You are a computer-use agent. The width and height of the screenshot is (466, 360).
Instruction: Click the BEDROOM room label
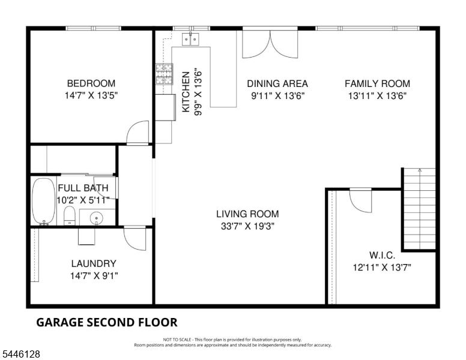tap(91, 83)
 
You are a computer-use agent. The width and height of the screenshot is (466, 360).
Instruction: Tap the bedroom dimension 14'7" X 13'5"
tap(91, 95)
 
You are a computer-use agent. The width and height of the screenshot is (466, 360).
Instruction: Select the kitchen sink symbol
tap(190, 39)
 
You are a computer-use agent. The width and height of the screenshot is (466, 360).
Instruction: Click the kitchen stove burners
tap(164, 74)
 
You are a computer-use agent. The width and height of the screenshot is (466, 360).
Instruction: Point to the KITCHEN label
tap(186, 92)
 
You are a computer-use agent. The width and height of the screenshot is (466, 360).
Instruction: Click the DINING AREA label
tap(277, 83)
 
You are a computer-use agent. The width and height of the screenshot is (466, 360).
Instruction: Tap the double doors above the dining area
tap(270, 44)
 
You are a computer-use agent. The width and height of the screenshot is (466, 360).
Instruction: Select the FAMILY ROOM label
tap(377, 83)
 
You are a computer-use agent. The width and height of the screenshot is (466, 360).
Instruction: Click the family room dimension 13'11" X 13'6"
tap(378, 96)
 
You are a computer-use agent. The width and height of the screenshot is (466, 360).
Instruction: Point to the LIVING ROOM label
tap(247, 214)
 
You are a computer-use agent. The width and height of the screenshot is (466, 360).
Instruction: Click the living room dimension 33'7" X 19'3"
tap(247, 226)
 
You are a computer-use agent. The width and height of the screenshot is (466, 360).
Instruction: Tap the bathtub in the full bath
tap(43, 201)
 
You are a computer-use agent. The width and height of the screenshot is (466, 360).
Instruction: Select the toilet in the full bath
tap(70, 216)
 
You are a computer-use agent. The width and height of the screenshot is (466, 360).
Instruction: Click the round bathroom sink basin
tap(96, 218)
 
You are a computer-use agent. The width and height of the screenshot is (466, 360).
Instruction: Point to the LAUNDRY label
tap(94, 263)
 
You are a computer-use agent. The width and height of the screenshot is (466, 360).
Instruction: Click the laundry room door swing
tap(135, 238)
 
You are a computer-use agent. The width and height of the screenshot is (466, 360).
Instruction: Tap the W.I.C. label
tap(382, 255)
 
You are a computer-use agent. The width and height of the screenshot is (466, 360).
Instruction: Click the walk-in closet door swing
tap(360, 200)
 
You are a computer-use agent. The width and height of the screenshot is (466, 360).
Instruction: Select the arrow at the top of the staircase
tap(419, 170)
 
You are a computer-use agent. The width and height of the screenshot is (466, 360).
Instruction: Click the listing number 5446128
tap(21, 354)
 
